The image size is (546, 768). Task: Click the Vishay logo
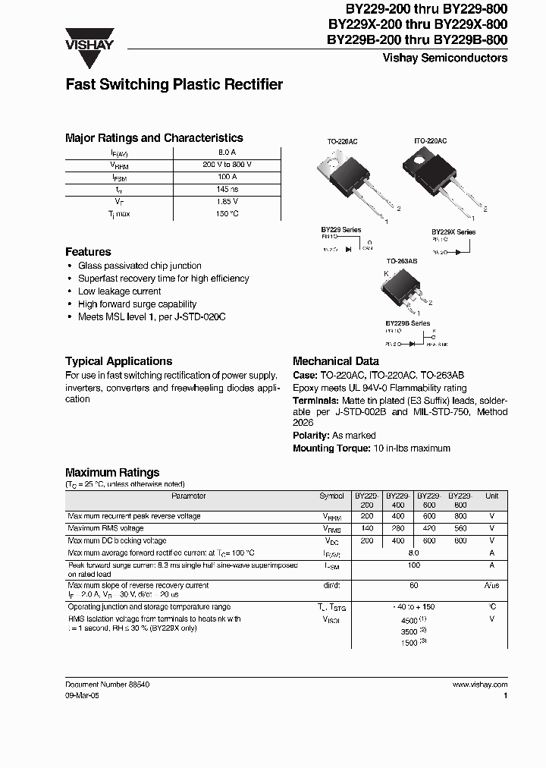click(89, 39)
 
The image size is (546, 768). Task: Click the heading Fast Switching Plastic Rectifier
click(174, 84)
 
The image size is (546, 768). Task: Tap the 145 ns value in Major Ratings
click(227, 189)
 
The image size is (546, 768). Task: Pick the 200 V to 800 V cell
click(227, 165)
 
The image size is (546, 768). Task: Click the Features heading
click(88, 251)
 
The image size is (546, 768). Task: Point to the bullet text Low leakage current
click(120, 291)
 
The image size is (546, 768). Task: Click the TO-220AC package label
click(342, 141)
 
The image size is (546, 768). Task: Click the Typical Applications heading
click(118, 361)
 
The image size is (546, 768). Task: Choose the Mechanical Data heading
click(334, 361)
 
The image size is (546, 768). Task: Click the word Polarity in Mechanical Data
click(311, 436)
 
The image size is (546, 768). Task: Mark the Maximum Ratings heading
click(112, 472)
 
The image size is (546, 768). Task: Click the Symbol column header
click(331, 496)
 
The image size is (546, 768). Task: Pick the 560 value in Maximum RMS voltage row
click(460, 528)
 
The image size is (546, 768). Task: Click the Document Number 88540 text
click(107, 685)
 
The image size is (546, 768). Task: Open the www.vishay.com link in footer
click(480, 685)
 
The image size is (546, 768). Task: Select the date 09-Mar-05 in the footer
click(82, 695)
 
